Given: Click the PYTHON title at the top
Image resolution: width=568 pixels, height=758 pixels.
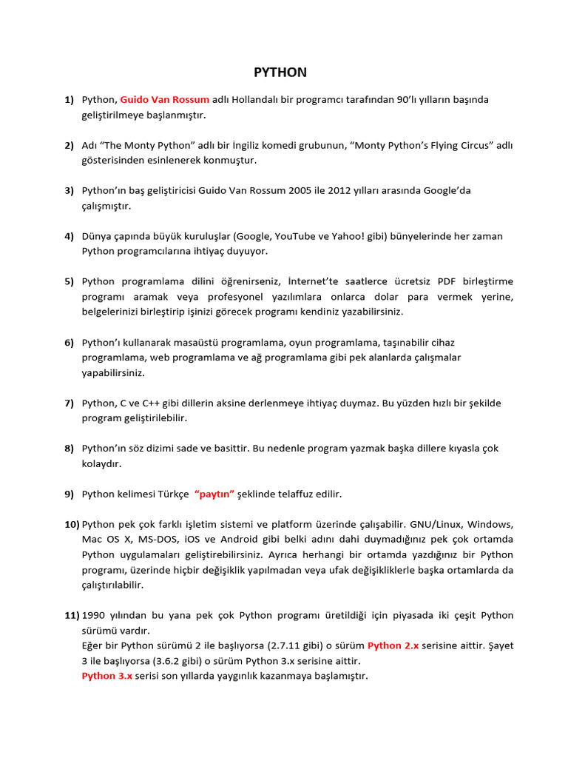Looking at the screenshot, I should pyautogui.click(x=280, y=73).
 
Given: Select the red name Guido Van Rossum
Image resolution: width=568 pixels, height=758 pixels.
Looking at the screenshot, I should pyautogui.click(x=164, y=99).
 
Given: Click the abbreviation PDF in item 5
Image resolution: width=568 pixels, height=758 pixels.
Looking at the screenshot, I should pyautogui.click(x=446, y=281).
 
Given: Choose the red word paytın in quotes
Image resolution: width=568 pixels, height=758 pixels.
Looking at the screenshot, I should pyautogui.click(x=214, y=494).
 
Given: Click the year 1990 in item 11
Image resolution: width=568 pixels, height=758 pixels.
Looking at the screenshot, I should pyautogui.click(x=93, y=615).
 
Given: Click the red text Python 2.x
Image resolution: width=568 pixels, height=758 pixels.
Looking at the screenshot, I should pyautogui.click(x=393, y=645).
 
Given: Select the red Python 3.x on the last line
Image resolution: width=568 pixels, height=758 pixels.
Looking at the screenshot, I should pyautogui.click(x=107, y=676).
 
